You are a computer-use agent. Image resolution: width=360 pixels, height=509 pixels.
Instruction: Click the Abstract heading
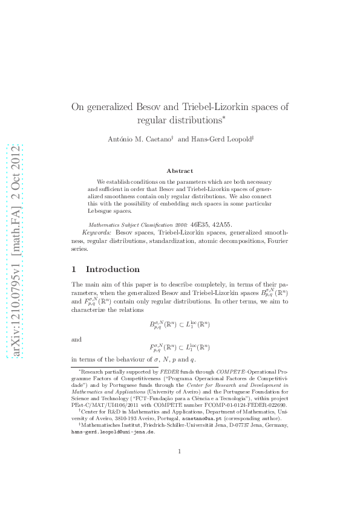[180, 171]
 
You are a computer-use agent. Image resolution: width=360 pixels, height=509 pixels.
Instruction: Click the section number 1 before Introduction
[74, 269]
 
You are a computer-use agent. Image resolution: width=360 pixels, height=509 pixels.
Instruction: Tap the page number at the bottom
[180, 467]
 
